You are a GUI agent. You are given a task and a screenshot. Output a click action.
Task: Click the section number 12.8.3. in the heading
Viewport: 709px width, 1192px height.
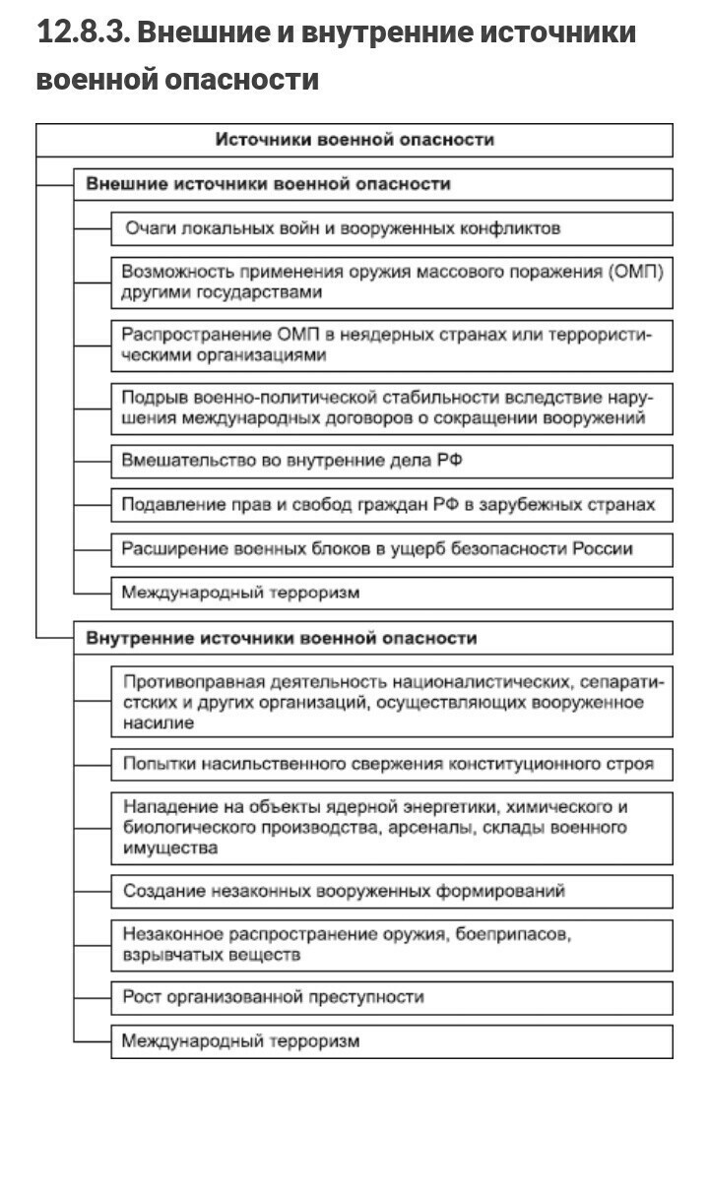point(83,32)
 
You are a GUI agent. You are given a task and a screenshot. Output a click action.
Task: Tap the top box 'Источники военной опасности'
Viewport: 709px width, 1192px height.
point(354,140)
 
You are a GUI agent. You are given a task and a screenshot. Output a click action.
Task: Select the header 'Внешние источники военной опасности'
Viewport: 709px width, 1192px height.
point(268,184)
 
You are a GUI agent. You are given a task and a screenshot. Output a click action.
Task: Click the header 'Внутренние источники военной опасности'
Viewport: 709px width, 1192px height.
point(282,638)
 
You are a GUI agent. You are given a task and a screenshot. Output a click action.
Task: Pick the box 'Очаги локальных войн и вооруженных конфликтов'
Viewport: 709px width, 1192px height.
point(342,228)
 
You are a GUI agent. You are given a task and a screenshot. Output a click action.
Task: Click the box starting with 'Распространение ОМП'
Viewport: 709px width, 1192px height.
point(391,345)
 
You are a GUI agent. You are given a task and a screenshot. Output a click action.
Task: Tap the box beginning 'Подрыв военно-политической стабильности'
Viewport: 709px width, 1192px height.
point(391,408)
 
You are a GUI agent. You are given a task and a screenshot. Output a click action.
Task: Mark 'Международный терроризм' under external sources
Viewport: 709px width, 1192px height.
point(240,593)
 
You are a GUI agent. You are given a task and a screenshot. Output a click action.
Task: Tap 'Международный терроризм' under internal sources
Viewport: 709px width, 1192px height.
point(240,1040)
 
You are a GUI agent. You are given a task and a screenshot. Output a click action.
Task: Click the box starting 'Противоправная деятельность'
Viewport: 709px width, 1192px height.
point(391,702)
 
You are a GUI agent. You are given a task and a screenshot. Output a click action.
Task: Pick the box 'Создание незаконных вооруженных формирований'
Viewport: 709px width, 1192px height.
point(344,891)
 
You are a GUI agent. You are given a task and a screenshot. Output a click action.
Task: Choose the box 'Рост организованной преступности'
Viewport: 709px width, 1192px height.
point(273,997)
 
